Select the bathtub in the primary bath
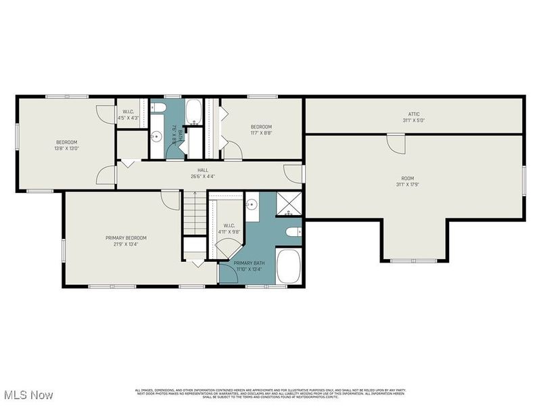[x=291, y=267]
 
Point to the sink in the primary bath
[x=251, y=203]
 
